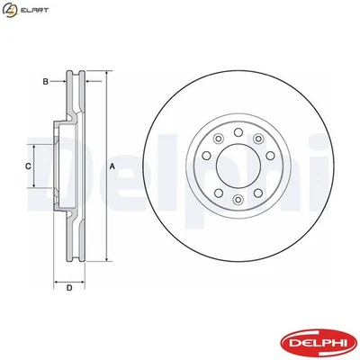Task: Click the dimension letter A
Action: point(112,167)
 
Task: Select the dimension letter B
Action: point(46,82)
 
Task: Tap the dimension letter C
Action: point(28,167)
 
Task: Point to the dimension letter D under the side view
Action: point(68,287)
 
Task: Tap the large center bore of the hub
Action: point(237,167)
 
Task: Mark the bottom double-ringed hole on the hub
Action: point(237,200)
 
